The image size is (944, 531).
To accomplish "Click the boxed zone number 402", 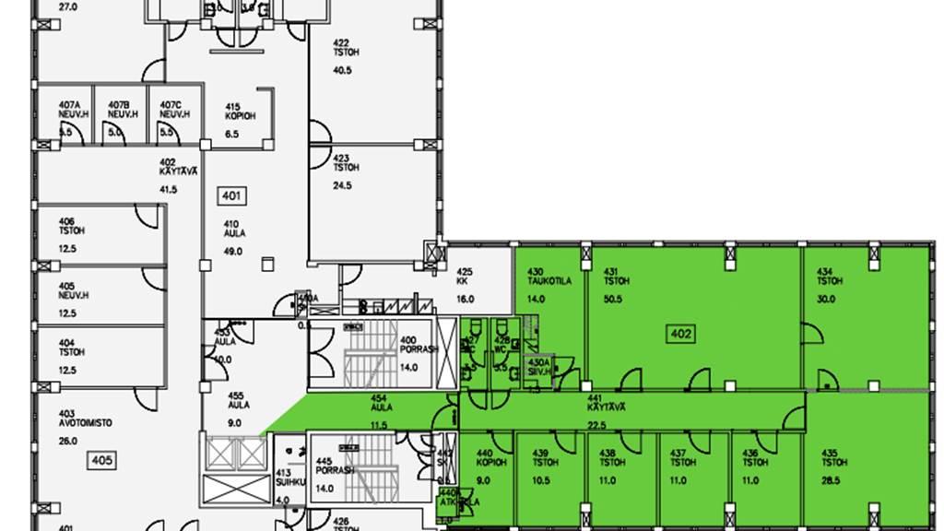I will pos(680,333).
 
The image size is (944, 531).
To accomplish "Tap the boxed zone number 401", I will pos(231,195).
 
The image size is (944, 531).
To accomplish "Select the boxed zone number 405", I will pos(101,459).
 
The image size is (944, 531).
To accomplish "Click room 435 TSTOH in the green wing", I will pos(831,458).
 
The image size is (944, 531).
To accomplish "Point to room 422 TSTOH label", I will pos(346,48).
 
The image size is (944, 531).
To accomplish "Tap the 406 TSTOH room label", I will pos(66,227).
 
